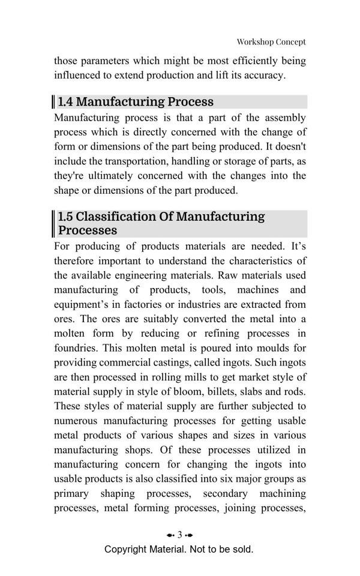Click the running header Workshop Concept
coord(271,42)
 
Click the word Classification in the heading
coord(116,217)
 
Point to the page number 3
coord(179,535)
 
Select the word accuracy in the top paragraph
coord(262,76)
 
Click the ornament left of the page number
coord(170,535)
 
